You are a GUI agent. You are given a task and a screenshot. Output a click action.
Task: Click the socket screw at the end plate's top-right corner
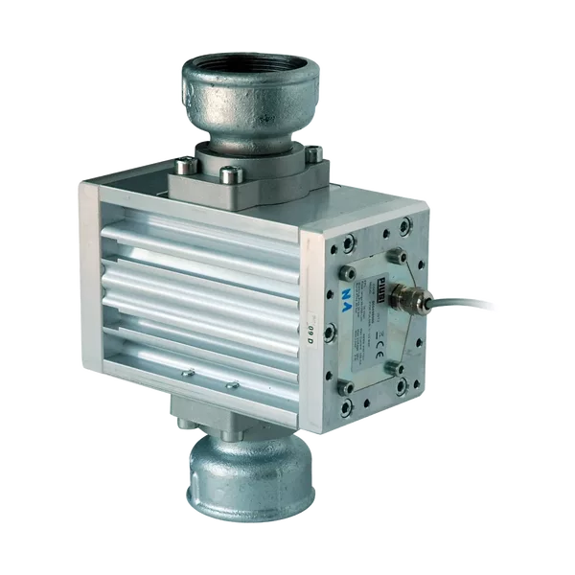click(x=406, y=227)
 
